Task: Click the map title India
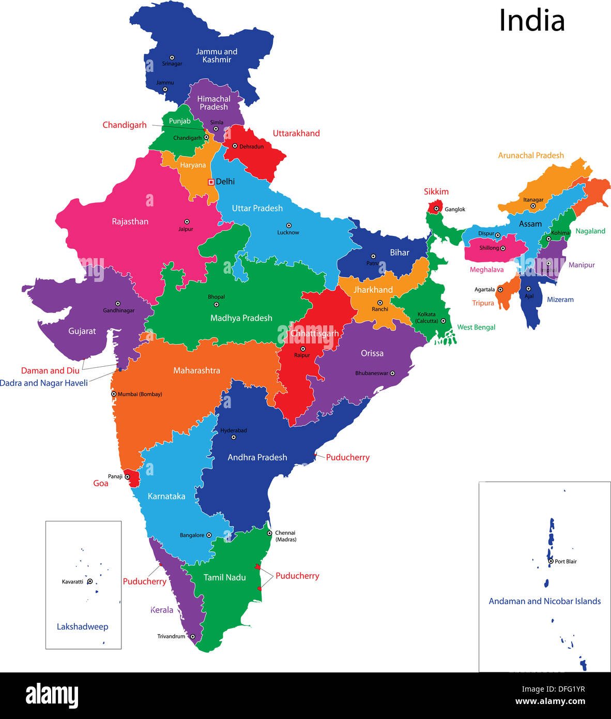531,21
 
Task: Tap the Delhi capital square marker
211,182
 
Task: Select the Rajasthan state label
130,221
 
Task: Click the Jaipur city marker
187,221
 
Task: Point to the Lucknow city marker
288,226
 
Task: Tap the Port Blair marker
551,561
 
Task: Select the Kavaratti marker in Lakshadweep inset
90,581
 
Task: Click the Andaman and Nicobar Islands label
544,601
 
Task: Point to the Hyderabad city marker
233,437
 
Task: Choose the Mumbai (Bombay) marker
114,394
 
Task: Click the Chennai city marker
269,533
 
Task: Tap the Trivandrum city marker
192,637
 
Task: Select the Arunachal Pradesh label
531,155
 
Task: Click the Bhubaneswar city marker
392,373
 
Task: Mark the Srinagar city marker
172,58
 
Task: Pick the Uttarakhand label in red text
296,133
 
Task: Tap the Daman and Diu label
50,370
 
